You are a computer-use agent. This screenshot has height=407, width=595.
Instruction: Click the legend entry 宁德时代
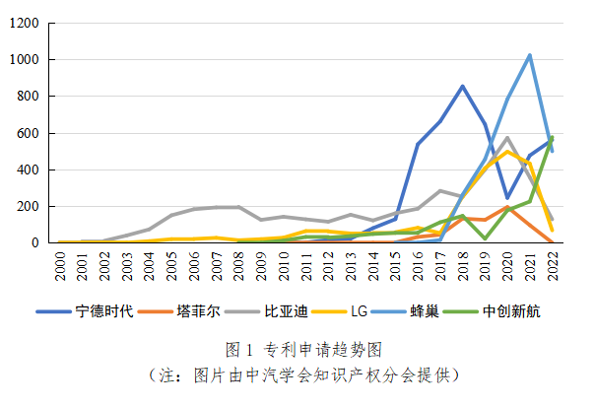[x=99, y=312]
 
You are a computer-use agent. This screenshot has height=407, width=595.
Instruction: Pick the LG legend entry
[x=359, y=312]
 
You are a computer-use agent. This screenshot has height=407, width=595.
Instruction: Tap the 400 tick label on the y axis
[x=27, y=170]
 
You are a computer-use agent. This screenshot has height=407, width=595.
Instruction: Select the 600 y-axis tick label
[x=27, y=133]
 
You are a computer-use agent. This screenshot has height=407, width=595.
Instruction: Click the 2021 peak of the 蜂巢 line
[x=530, y=55]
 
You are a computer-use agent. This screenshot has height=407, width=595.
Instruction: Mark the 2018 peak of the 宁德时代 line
[x=462, y=86]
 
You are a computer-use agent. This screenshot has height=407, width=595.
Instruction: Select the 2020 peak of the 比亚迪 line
[x=507, y=138]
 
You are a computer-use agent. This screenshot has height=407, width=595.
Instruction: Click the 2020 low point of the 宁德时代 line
[x=507, y=198]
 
